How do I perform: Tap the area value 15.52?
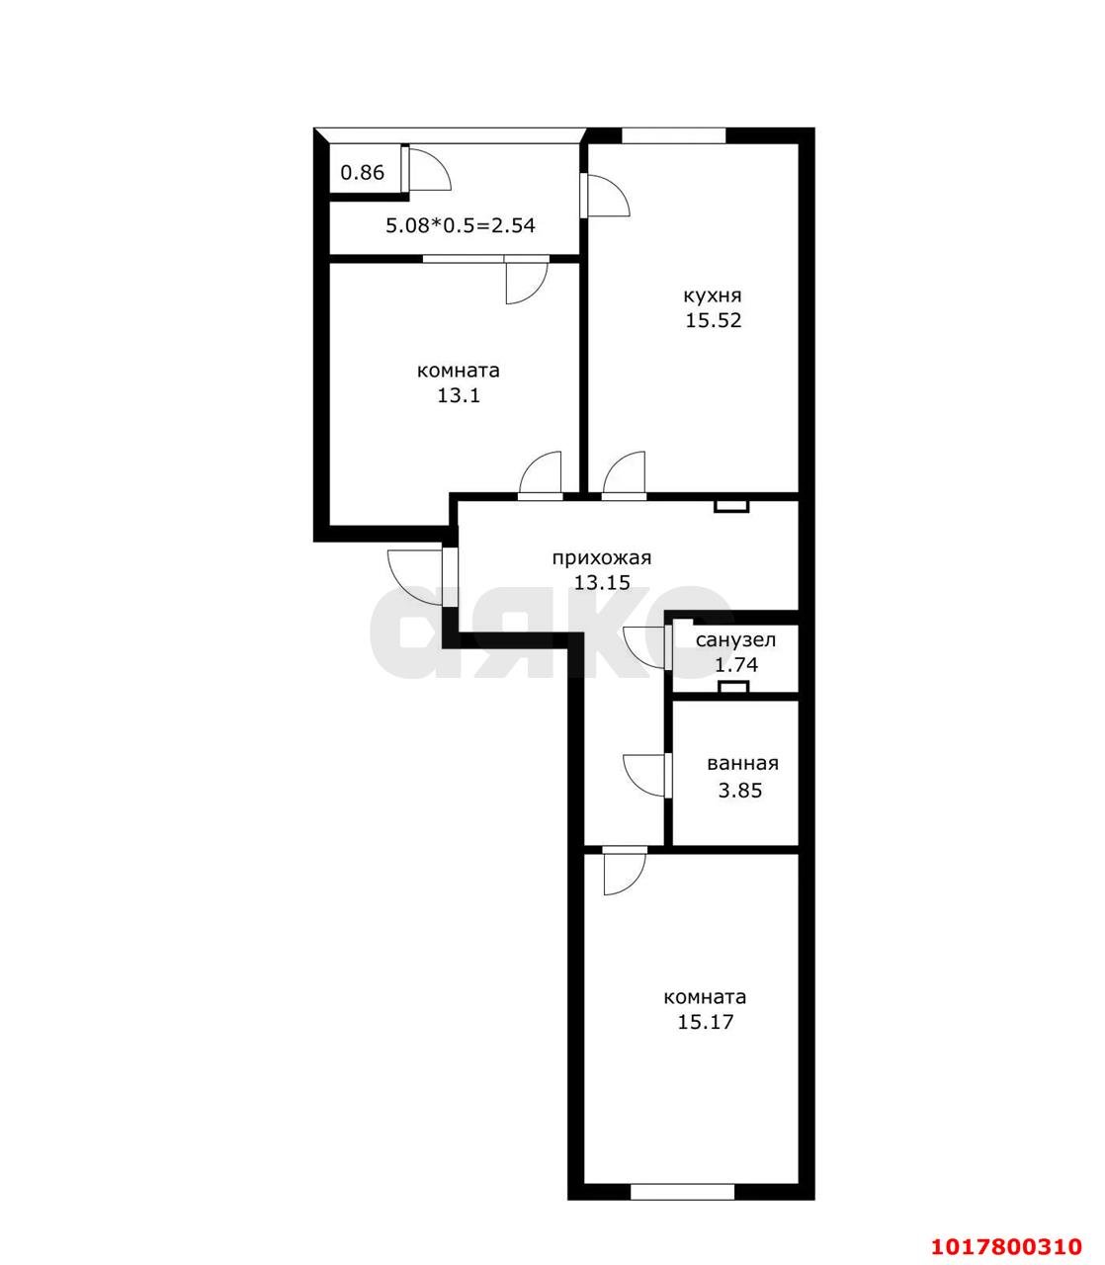coord(713,320)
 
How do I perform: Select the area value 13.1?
coord(459,395)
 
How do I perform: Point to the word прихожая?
coord(602,558)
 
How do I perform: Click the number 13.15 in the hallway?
coord(602,582)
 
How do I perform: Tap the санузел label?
coord(735,640)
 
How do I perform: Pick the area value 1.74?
coord(735,665)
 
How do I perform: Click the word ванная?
coord(742,764)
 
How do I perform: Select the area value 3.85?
coord(740,791)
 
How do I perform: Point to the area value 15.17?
coord(706,1022)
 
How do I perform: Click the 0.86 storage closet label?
coord(363,173)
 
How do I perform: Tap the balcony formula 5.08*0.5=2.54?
coord(461,225)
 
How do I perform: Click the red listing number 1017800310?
coord(1007,1228)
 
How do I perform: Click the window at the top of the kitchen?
coord(673,135)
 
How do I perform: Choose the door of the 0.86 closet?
coord(427,168)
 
